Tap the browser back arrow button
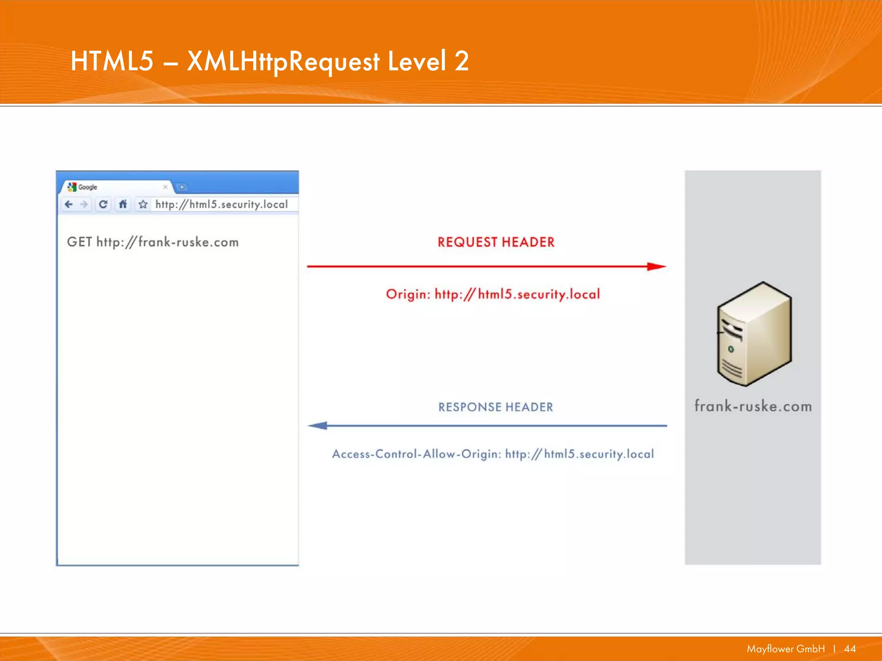pos(68,204)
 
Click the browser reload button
pos(103,204)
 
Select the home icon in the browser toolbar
pos(123,204)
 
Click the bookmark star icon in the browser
pos(143,204)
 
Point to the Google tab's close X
pos(165,187)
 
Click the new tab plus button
pos(182,187)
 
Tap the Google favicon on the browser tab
pos(72,187)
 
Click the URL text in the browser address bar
pos(221,204)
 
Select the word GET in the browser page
pos(79,242)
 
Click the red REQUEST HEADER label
pos(496,242)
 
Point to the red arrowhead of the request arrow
pos(656,266)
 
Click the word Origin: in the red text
pos(407,294)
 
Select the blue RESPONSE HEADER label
pos(496,407)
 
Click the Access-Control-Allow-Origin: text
pos(416,454)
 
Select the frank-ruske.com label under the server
pos(753,406)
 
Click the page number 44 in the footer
pos(850,649)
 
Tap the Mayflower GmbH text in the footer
pos(786,649)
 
